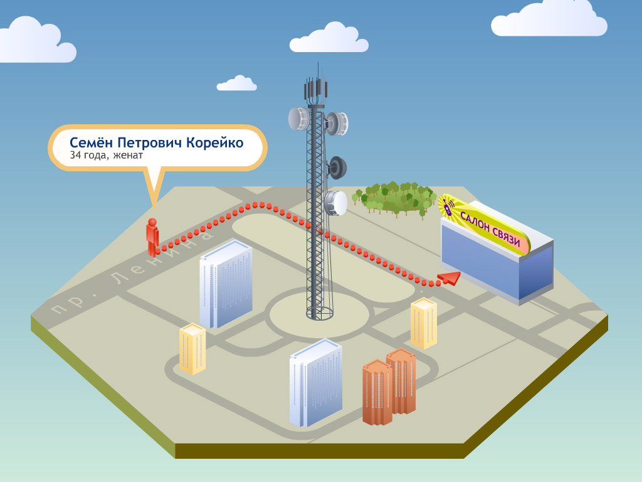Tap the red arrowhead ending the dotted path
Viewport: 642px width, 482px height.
[448, 278]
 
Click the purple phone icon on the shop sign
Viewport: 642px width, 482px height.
[448, 207]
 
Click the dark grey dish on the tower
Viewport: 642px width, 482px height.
[337, 167]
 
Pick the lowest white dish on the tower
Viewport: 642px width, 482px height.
[336, 202]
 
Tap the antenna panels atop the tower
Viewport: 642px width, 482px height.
[317, 88]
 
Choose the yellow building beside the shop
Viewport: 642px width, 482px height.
[423, 323]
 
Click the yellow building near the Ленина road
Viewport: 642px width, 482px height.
[192, 348]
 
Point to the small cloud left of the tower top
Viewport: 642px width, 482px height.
[236, 83]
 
